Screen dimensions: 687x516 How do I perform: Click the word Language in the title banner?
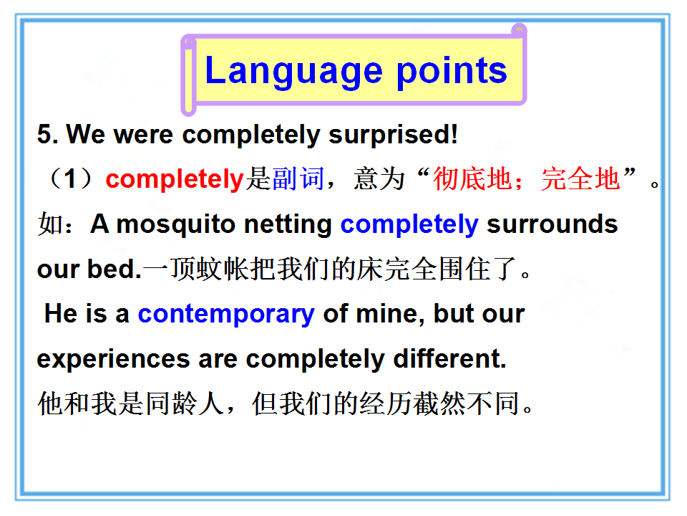point(294,72)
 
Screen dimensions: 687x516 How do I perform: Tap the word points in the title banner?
point(452,72)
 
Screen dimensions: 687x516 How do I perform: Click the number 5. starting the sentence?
point(47,134)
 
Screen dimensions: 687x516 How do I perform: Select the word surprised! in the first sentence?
point(393,134)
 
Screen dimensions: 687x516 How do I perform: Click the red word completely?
point(175,179)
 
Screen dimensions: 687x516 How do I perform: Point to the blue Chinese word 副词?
point(298,179)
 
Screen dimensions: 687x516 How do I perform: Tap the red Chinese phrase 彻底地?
point(473,179)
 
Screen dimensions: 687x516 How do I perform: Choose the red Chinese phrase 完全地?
point(580,179)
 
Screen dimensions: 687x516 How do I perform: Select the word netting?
point(288,224)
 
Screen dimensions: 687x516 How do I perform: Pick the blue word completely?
point(409,225)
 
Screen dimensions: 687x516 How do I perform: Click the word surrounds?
point(552,224)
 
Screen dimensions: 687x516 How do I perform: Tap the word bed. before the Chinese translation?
point(114,269)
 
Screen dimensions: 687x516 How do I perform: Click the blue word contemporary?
point(226,315)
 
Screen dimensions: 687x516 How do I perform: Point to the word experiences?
point(114,359)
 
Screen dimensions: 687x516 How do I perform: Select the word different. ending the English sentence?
point(449,358)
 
